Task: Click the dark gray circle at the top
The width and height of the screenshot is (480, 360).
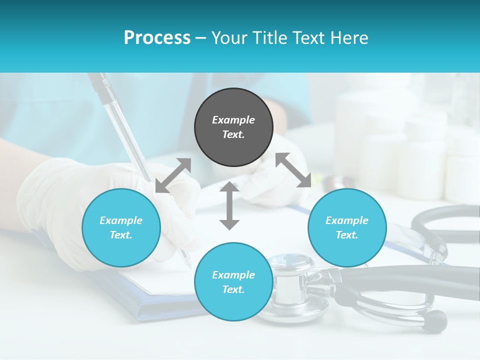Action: coord(233,127)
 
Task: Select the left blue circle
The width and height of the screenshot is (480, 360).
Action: coord(121,228)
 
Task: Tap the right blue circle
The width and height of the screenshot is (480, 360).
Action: coord(347,228)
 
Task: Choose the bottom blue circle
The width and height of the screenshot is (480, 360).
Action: coord(233,282)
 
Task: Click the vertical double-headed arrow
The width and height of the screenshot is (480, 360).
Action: coord(229,206)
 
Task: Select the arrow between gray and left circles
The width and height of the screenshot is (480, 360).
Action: coord(173,175)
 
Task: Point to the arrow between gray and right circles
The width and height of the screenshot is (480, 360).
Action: coord(293,170)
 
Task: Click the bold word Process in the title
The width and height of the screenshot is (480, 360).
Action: coord(157,38)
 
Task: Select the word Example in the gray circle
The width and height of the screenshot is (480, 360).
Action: coord(233,120)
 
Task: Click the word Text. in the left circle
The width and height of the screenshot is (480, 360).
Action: coord(121,235)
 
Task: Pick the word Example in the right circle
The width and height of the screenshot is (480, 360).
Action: coord(347,220)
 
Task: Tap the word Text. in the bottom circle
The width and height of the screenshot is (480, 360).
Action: coord(233,289)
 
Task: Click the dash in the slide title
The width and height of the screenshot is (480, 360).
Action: coord(201,38)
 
